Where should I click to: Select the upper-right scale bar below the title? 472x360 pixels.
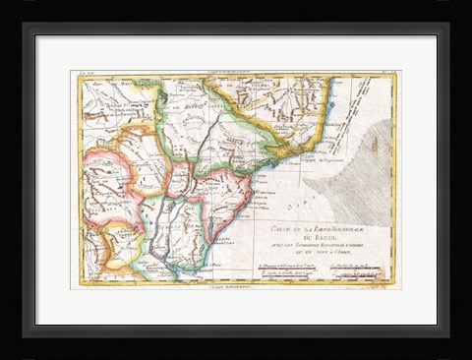pos(355,266)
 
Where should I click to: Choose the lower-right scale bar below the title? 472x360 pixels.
pos(355,274)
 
